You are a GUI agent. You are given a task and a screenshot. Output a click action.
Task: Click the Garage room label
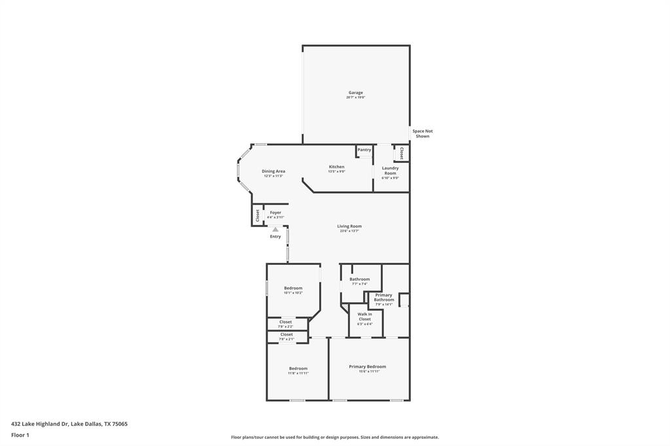(x=355, y=93)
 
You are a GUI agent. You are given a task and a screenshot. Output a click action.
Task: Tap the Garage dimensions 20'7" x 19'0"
(x=355, y=97)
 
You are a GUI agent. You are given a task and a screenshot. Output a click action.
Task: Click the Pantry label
(x=364, y=150)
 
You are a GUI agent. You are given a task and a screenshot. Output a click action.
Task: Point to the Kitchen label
(x=336, y=167)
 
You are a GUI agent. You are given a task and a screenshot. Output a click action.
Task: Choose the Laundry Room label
(x=390, y=170)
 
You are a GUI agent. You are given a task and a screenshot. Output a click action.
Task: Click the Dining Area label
(x=273, y=171)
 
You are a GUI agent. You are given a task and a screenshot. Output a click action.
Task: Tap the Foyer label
(x=275, y=213)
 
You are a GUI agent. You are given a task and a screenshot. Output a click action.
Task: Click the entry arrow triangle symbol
(x=275, y=230)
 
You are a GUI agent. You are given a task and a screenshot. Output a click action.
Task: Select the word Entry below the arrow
(x=275, y=236)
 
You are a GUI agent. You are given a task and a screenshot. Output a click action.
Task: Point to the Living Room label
(x=349, y=226)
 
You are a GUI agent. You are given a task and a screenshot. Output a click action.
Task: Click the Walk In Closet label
(x=364, y=317)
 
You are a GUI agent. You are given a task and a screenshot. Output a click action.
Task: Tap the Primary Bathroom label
(x=384, y=298)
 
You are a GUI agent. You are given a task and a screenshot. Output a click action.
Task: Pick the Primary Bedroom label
(x=367, y=367)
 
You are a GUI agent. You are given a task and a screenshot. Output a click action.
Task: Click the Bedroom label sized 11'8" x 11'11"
(x=298, y=368)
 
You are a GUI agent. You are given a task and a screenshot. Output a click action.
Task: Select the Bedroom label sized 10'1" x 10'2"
(x=293, y=288)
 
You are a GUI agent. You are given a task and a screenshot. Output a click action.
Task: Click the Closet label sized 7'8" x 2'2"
(x=286, y=322)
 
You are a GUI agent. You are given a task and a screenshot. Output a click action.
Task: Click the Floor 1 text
(x=20, y=435)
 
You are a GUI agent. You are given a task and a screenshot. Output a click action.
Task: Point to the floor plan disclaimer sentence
(x=334, y=437)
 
